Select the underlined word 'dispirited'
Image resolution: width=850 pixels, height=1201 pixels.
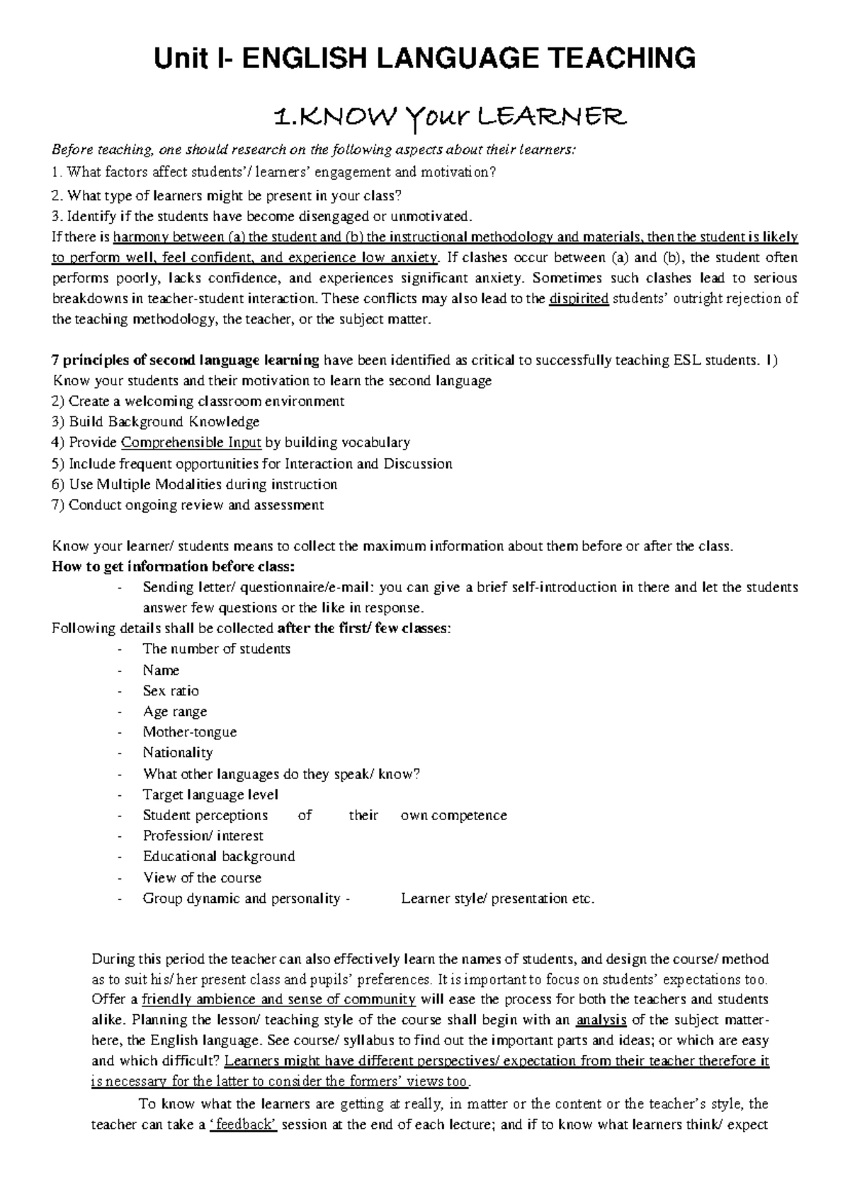[x=579, y=299]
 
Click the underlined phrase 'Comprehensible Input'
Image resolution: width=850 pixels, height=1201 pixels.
[x=191, y=443]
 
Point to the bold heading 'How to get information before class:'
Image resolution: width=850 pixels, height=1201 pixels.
[x=173, y=567]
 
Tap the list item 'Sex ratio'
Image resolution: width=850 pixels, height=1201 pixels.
[x=171, y=691]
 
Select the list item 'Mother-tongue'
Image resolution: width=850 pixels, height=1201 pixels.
[x=190, y=732]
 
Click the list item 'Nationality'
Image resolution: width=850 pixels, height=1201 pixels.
[x=178, y=753]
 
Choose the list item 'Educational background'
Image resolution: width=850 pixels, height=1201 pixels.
[x=219, y=857]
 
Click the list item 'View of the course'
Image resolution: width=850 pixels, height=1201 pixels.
[x=202, y=878]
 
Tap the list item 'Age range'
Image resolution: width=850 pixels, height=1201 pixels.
[x=175, y=712]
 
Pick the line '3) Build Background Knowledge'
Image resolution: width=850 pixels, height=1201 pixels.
[x=156, y=422]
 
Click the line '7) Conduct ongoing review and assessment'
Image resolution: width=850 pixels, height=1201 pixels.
[x=188, y=506]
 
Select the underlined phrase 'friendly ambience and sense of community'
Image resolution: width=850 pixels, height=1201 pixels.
[x=278, y=1000]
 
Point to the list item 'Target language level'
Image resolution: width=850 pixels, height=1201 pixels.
[x=210, y=795]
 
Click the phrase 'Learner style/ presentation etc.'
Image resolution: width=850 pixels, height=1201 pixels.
[x=497, y=899]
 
